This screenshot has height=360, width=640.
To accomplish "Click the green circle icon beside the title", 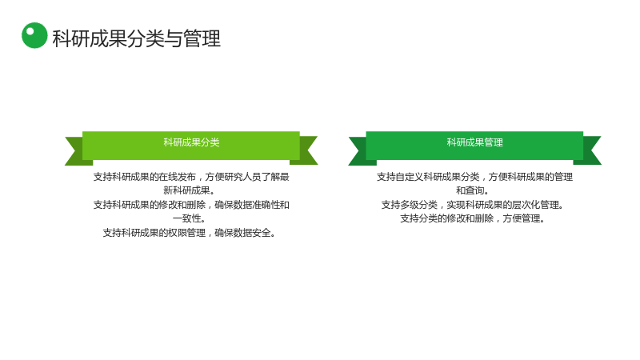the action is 34,35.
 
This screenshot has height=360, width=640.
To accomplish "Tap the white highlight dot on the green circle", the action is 30,31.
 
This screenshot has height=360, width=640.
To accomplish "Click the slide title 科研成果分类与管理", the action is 137,38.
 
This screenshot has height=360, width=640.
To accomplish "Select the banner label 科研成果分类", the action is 191,142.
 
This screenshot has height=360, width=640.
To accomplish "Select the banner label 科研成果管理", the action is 474,142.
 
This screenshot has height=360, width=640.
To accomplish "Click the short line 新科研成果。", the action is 189,190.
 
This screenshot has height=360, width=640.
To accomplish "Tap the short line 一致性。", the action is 189,218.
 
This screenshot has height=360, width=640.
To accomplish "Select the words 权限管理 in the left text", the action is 187,233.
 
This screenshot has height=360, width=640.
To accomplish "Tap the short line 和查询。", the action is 472,190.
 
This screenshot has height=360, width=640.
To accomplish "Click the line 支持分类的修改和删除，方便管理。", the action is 472,218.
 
